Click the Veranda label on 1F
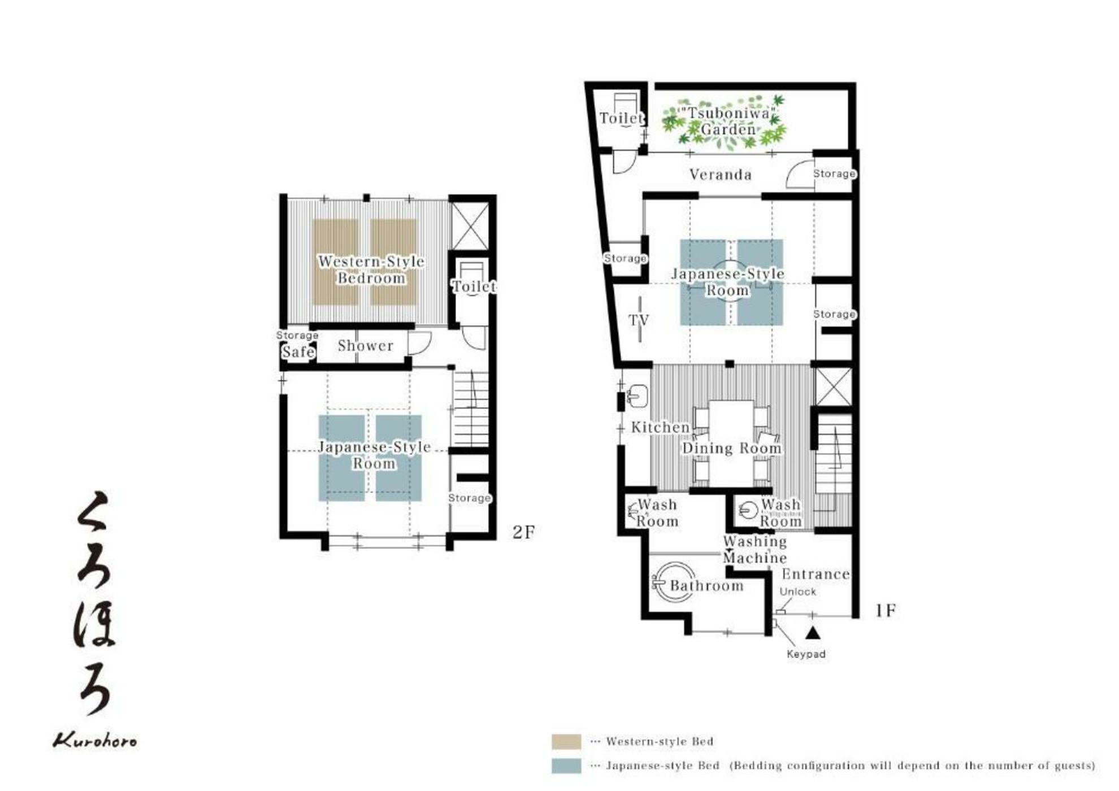tap(721, 175)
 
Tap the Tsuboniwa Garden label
tap(727, 121)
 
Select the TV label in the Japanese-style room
tap(639, 320)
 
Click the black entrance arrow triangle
tap(813, 633)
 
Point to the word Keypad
tap(806, 654)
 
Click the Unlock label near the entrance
tap(798, 592)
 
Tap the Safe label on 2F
tap(298, 352)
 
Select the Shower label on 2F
tap(365, 346)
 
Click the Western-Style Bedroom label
tap(371, 270)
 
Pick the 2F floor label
tap(523, 532)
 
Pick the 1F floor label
tap(886, 611)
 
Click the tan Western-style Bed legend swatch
tap(566, 741)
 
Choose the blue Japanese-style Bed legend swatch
tap(566, 766)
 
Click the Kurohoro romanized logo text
tap(95, 740)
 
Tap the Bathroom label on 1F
tap(706, 586)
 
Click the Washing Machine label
tap(755, 550)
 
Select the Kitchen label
tap(660, 428)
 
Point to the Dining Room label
tap(732, 448)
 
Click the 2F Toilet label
tap(474, 286)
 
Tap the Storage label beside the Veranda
tap(834, 173)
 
